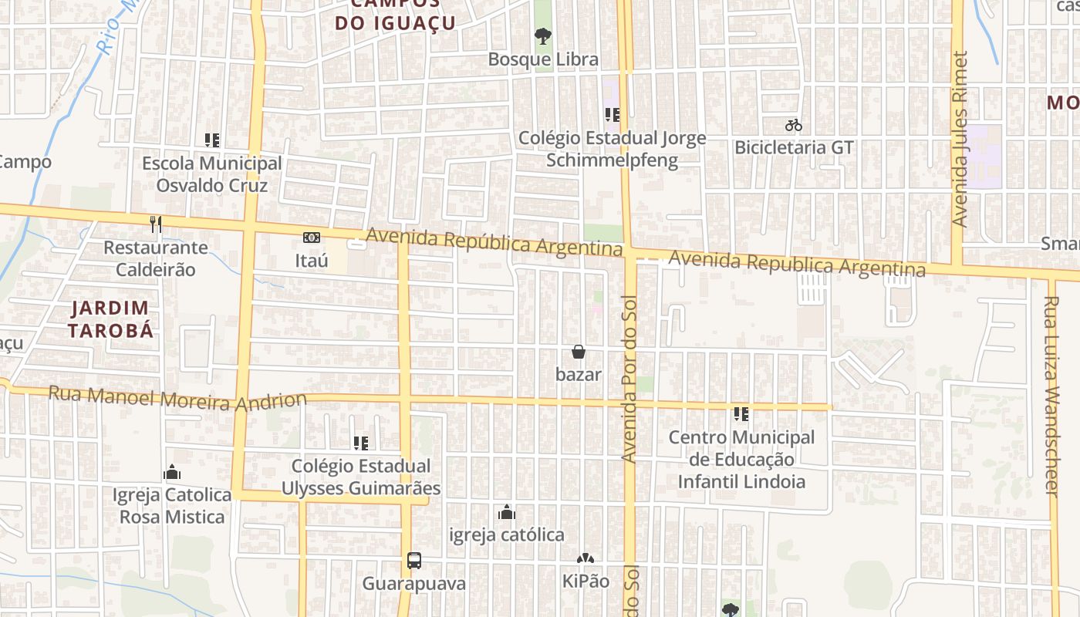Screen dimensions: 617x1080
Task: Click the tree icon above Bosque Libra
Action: tap(543, 35)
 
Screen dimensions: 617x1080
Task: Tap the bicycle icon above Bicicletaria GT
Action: tap(793, 124)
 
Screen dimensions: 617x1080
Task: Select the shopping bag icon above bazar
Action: tap(578, 352)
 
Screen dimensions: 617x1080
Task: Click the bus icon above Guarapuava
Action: tap(414, 560)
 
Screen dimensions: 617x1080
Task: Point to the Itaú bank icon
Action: tap(312, 237)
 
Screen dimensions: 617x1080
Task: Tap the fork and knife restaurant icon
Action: tap(156, 224)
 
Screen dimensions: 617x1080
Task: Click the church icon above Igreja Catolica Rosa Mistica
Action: tap(172, 471)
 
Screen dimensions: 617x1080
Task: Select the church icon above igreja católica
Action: tap(507, 511)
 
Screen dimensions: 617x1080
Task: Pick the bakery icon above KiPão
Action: tap(585, 558)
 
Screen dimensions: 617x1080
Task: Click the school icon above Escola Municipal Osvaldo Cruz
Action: tap(212, 140)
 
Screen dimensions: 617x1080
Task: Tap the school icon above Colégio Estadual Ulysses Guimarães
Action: tap(360, 443)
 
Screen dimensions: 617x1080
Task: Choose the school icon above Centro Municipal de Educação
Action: tap(741, 414)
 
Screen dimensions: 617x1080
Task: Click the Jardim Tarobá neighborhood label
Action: tap(110, 319)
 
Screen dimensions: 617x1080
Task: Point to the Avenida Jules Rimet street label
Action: tap(959, 139)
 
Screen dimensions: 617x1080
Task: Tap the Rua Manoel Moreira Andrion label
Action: tap(177, 400)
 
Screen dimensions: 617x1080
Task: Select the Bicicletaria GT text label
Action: tap(794, 147)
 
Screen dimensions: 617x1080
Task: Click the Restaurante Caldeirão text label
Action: tap(156, 258)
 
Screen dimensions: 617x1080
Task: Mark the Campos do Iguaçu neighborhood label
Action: tap(395, 15)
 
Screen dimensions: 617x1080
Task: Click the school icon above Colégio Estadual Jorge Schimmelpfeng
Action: tap(613, 115)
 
